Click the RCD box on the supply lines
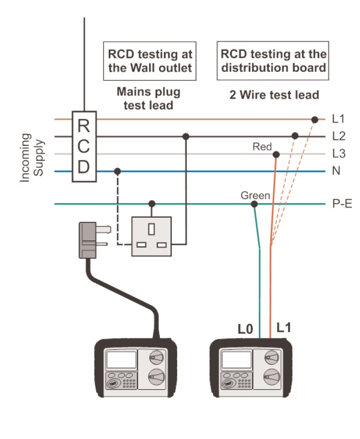pos(84,146)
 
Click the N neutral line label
pos(336,171)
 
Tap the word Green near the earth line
pos(255,196)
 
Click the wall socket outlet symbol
pos(151,236)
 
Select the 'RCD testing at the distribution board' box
pos(273,61)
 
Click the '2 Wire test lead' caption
pos(274,95)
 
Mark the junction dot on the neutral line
pos(118,171)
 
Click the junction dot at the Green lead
pos(254,204)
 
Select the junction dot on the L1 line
pos(314,120)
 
